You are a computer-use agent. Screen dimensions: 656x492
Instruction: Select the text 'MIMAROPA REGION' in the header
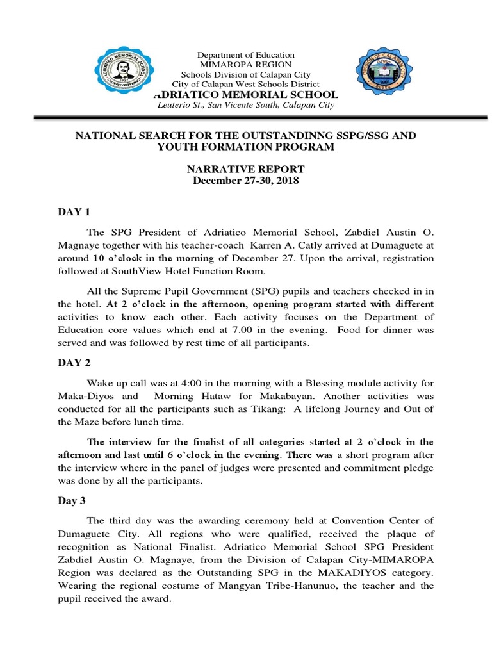(246, 65)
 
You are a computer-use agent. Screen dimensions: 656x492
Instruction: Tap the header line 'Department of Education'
(246, 55)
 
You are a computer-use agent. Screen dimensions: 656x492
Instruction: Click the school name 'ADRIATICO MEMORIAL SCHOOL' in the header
(246, 94)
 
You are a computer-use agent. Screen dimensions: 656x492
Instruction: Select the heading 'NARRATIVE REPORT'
(246, 169)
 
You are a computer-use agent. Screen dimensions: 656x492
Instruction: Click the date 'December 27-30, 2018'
(246, 181)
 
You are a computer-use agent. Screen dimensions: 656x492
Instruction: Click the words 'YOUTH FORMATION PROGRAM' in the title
(246, 147)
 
